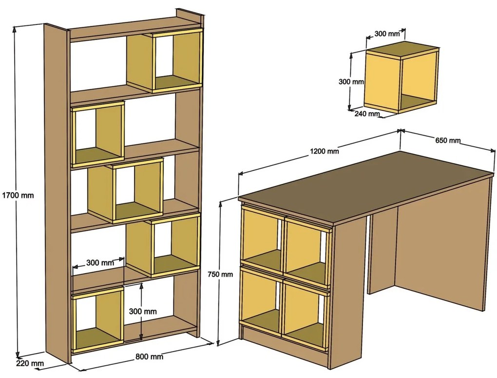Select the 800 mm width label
point(149,357)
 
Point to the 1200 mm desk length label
point(324,151)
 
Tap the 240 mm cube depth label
point(366,114)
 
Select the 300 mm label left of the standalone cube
point(351,82)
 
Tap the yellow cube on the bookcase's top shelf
point(165,61)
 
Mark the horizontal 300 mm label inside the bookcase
point(100,262)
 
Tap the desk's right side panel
point(443,244)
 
